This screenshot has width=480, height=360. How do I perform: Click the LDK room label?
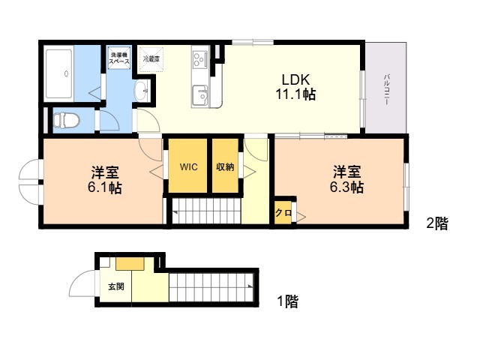tap(295, 80)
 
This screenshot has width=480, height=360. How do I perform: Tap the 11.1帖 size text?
tap(295, 94)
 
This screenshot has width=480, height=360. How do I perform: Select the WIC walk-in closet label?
tap(188, 167)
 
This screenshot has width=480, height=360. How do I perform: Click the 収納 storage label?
tap(225, 167)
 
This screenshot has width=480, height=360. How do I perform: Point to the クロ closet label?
tap(283, 212)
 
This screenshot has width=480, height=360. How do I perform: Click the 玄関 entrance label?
tap(116, 286)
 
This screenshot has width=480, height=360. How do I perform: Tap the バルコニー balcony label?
tap(387, 89)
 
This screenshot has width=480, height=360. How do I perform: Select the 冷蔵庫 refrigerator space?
tap(151, 59)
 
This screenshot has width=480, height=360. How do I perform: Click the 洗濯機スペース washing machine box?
tap(120, 58)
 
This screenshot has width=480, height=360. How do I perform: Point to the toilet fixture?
tap(66, 120)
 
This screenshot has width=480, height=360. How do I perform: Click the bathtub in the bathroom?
tap(58, 73)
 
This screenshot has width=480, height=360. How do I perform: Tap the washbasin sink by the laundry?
tap(142, 91)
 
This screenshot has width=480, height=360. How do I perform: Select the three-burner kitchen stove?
tap(200, 59)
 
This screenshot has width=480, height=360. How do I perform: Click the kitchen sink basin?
tap(200, 95)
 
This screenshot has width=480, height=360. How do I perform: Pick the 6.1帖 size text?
tap(105, 188)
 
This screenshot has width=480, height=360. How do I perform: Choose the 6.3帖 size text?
tap(346, 187)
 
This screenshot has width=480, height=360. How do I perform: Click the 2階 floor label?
tap(437, 223)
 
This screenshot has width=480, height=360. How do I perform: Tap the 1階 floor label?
tap(288, 301)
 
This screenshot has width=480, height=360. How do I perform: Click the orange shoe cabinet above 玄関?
tap(130, 263)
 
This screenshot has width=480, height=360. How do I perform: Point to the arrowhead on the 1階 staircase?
tap(250, 286)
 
